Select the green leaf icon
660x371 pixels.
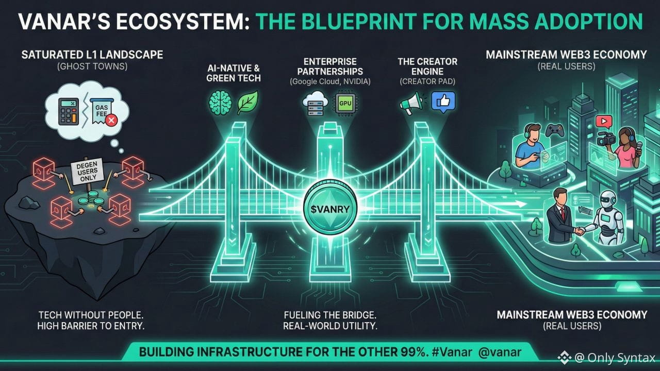(x=247, y=102)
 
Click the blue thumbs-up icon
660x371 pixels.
(x=443, y=102)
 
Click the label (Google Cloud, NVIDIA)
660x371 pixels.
(x=331, y=81)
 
